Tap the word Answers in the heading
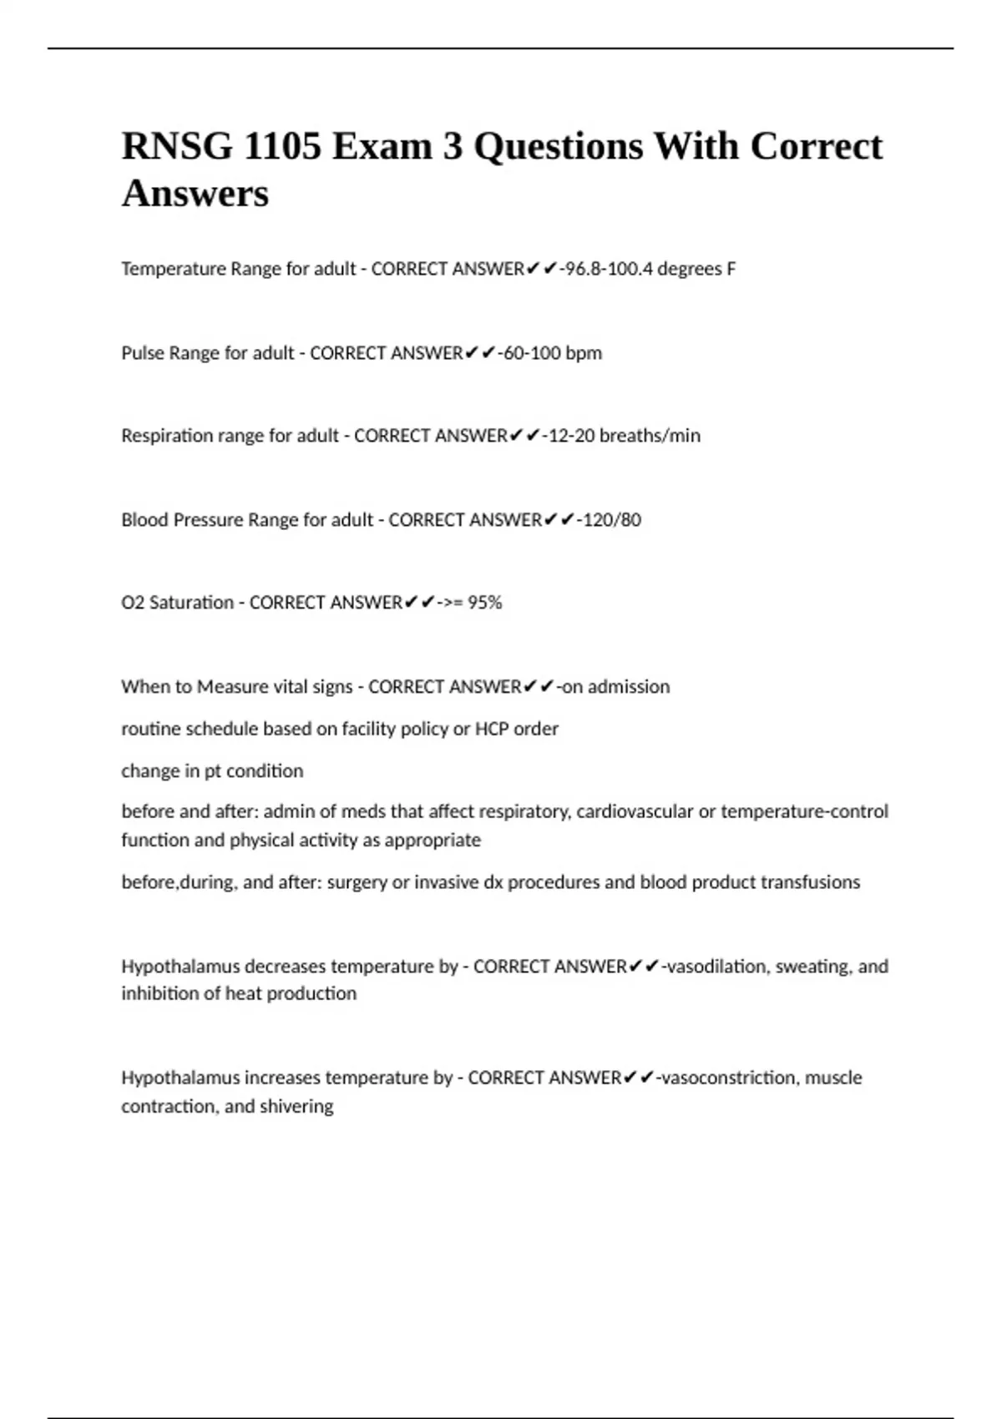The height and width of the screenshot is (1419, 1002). pos(195,194)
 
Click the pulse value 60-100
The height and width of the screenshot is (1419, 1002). pos(531,353)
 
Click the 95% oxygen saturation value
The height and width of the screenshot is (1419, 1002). pos(485,603)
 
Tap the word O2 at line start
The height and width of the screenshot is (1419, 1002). pos(132,603)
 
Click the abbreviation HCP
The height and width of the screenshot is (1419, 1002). pos(492,729)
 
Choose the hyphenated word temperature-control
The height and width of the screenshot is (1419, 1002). pos(804,811)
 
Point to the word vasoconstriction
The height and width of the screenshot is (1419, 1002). pos(729,1078)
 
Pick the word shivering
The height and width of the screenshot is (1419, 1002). pos(296,1106)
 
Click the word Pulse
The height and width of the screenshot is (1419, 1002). pos(143,353)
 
